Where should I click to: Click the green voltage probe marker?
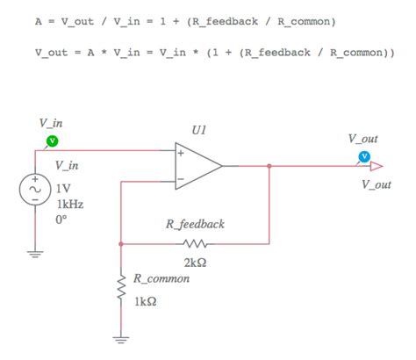coord(52,140)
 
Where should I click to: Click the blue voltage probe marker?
coord(363,158)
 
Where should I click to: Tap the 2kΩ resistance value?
coord(195,261)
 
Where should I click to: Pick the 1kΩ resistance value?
coord(146,302)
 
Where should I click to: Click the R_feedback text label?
coord(195,224)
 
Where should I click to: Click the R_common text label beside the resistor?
coord(162,279)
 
